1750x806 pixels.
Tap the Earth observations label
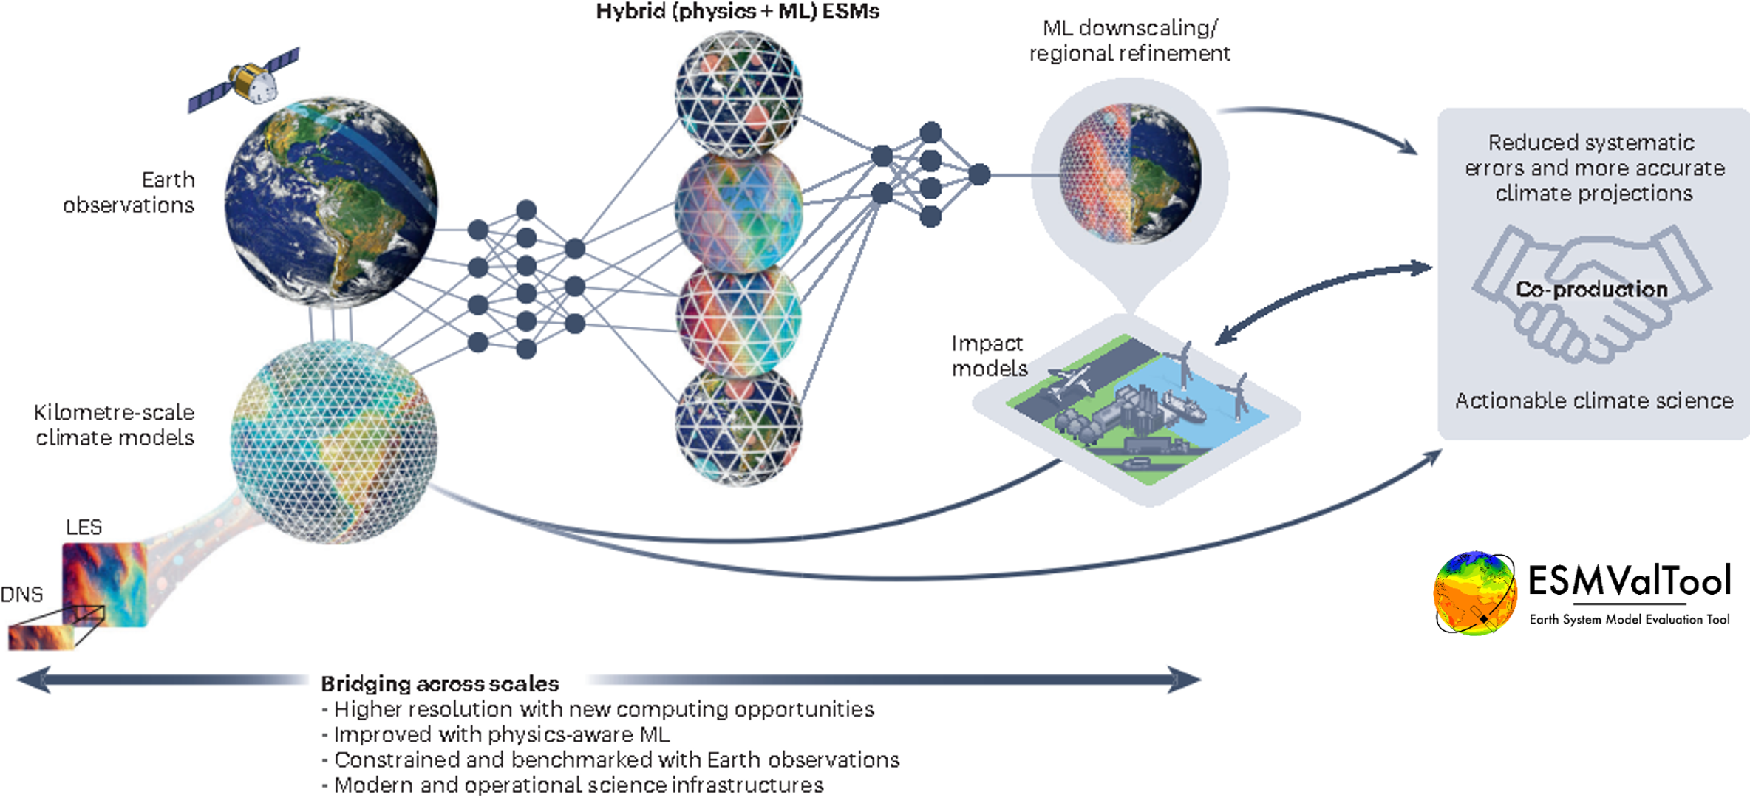point(129,192)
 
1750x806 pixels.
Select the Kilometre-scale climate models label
point(115,425)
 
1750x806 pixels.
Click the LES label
point(84,527)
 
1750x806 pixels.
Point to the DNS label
point(21,594)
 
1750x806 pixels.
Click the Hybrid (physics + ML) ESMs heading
point(738,12)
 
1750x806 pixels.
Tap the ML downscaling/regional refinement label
point(1129,41)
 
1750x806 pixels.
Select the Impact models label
point(989,355)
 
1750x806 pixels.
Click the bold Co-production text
point(1592,289)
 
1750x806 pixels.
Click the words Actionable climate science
point(1594,400)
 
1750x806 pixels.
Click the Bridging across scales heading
point(440,683)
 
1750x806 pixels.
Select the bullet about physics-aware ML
point(501,734)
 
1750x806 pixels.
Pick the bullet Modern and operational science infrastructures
point(578,785)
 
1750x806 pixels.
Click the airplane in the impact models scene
point(1069,381)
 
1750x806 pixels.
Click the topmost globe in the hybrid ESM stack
point(738,92)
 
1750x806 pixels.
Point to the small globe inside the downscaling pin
point(1130,174)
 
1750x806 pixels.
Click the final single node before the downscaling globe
point(979,174)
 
